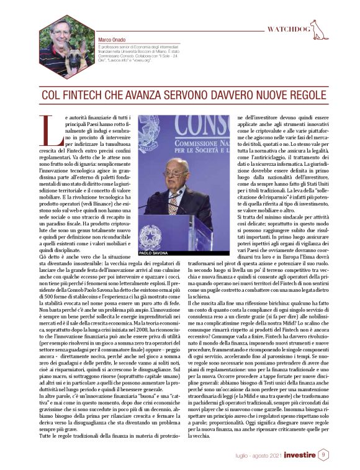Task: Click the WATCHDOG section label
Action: tap(289, 29)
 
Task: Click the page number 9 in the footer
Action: tap(323, 454)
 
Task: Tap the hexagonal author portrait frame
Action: tap(64, 43)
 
